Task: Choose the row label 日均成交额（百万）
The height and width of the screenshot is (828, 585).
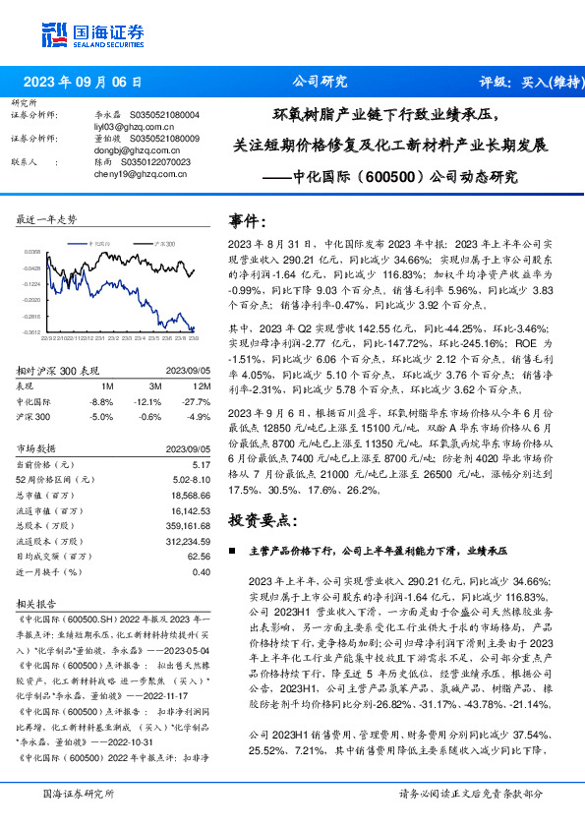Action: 57,555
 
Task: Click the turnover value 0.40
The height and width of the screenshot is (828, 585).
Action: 201,570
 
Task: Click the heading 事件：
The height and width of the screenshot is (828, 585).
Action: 248,220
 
